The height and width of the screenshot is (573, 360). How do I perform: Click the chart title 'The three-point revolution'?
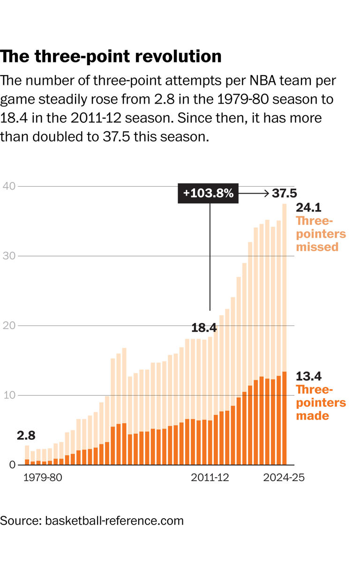111,56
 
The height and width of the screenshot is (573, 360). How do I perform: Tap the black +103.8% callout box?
208,193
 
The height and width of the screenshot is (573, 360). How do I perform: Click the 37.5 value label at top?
285,193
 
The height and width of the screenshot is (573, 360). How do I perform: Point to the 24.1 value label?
308,208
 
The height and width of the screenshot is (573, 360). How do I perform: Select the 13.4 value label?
308,376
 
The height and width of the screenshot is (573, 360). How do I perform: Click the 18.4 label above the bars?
204,328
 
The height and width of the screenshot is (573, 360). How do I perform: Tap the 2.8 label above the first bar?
26,435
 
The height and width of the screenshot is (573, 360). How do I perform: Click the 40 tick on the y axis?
9,186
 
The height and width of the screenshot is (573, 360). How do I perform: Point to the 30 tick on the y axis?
9,256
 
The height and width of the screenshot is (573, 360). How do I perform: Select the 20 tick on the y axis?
9,326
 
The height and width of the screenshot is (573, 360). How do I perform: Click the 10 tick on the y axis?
9,395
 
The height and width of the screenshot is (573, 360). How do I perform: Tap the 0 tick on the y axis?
13,465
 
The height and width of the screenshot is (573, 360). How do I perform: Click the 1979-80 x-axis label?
43,478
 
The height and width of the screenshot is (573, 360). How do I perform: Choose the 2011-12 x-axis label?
210,478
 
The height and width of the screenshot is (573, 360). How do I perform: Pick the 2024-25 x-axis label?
284,478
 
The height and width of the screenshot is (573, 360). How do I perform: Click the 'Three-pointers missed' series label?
321,234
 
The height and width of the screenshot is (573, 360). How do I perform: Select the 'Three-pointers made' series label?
321,402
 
